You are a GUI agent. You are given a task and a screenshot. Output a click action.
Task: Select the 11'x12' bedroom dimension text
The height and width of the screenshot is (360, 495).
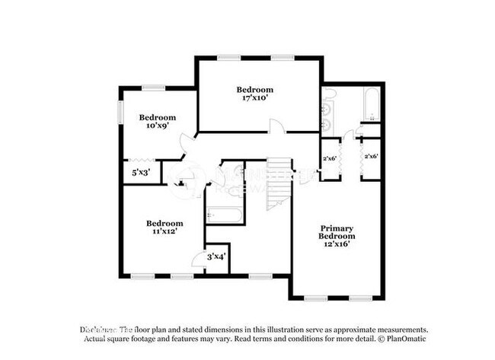click(164, 231)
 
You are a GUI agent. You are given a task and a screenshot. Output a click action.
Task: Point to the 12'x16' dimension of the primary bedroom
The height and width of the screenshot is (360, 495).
click(336, 245)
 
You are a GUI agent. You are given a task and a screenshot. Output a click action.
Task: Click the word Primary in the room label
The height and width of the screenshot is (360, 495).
click(336, 228)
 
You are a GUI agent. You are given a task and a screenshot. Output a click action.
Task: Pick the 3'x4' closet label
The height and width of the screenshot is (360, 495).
click(216, 257)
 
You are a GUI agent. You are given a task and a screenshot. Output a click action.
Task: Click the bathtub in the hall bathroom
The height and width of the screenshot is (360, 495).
click(225, 215)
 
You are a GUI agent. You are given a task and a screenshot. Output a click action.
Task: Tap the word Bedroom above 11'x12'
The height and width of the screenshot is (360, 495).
click(164, 223)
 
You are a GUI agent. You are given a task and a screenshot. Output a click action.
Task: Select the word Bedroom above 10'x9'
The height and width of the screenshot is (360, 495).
click(157, 117)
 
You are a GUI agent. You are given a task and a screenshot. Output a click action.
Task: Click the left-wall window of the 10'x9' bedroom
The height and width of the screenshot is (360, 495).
click(120, 112)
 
